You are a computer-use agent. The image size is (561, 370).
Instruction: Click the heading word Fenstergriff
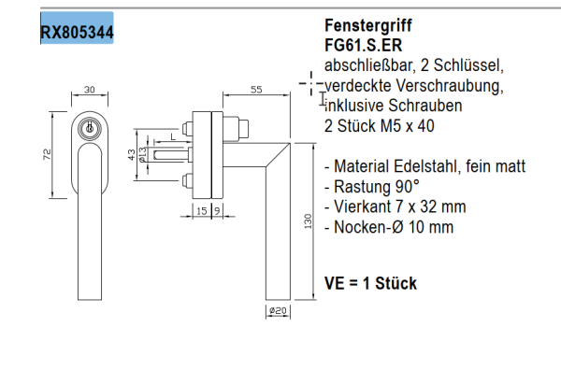369,26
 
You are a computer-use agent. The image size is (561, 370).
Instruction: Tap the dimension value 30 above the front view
90,90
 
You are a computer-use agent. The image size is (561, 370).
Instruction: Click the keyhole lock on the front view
90,128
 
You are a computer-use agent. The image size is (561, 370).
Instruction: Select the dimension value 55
255,90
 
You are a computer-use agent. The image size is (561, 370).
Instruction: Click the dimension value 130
308,223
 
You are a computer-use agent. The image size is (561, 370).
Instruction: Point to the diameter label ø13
141,155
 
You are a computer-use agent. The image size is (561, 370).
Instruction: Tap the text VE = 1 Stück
370,283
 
